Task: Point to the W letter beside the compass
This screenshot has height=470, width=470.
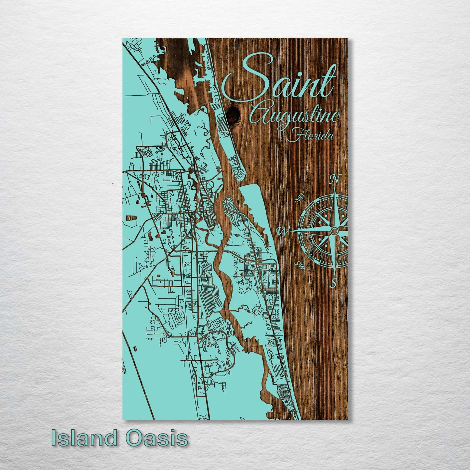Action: [282, 231]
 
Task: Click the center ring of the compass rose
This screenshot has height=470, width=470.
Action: [334, 231]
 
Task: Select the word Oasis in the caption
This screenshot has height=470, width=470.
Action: [157, 438]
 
